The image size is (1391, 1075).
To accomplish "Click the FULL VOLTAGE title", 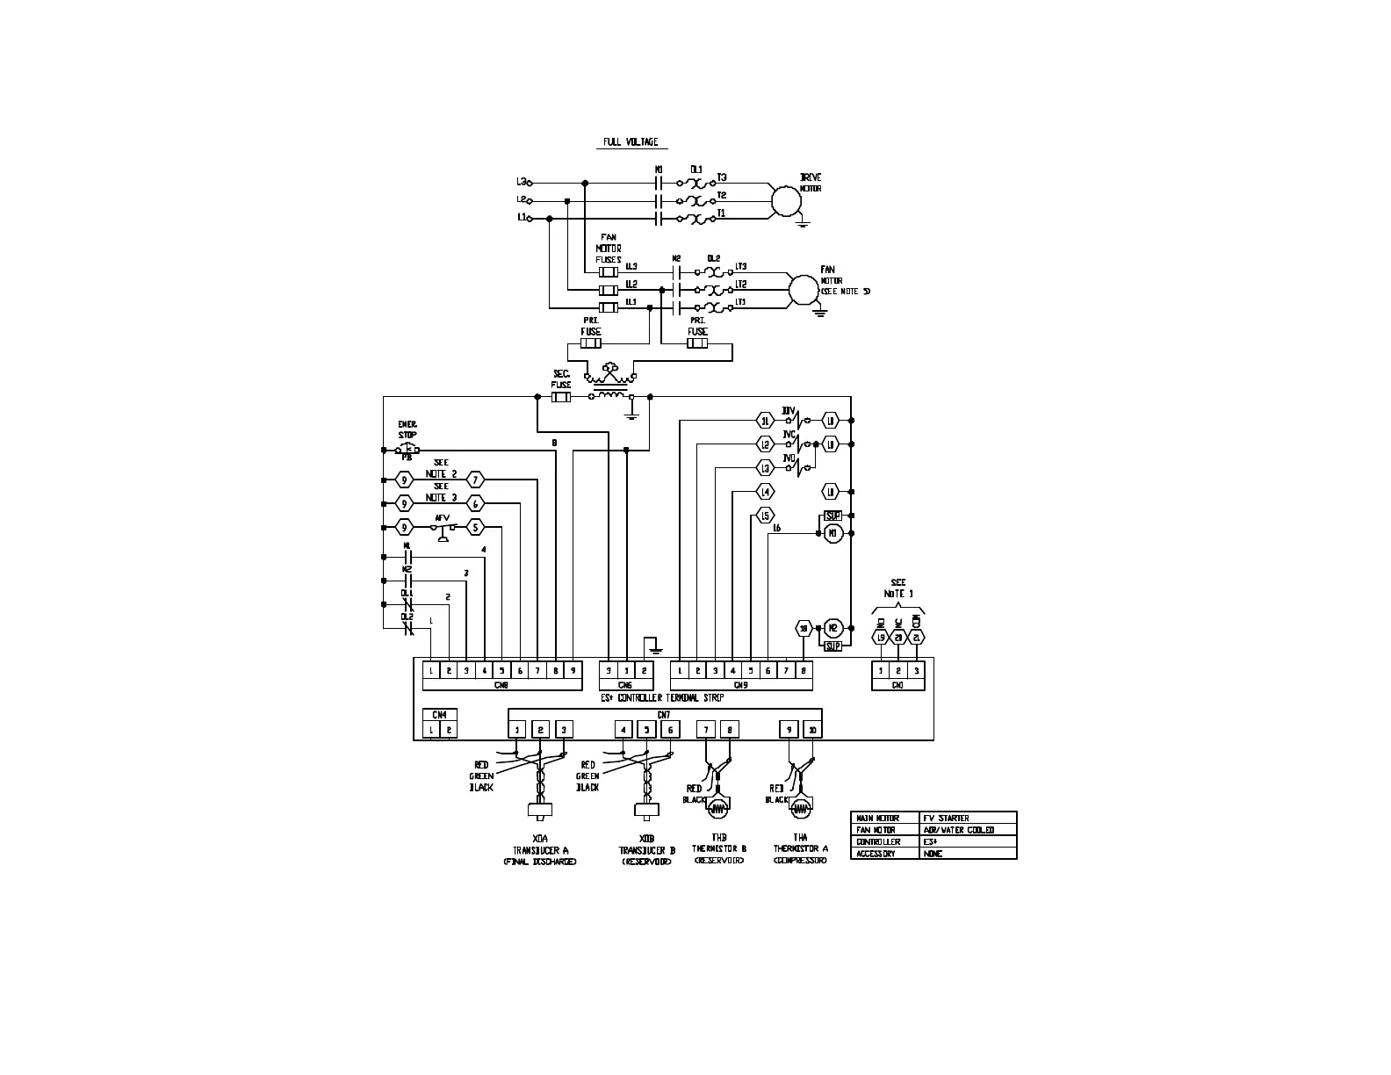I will (x=630, y=142).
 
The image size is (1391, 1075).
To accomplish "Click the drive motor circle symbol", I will (x=787, y=201).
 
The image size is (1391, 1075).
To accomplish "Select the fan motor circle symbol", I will (x=803, y=289).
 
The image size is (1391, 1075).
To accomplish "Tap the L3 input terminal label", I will (x=521, y=182).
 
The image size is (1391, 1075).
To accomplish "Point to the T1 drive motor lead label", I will (x=721, y=213).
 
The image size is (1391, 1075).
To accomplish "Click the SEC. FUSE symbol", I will (x=561, y=397).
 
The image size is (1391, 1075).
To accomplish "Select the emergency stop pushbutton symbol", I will (x=407, y=449).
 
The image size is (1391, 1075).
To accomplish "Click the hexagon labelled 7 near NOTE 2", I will (x=475, y=480).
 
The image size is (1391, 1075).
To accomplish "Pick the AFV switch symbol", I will (x=443, y=529).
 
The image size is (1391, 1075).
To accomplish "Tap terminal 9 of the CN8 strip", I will (x=573, y=670).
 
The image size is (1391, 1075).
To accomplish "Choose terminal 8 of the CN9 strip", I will (x=804, y=670).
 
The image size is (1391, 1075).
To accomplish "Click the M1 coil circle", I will (x=832, y=533).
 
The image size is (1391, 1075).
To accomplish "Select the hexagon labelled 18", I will (x=803, y=628).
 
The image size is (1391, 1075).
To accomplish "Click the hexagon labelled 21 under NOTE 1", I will (x=917, y=639).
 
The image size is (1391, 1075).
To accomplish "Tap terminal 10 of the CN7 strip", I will (x=812, y=729).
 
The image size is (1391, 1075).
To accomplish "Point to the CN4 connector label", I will (x=440, y=715).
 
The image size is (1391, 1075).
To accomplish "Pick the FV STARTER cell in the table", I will (x=946, y=818).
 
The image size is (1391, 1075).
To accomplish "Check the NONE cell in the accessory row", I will (x=933, y=854).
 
